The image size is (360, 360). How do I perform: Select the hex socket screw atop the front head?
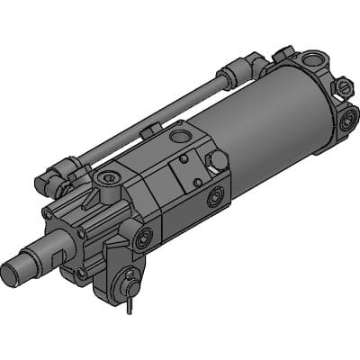[109, 177]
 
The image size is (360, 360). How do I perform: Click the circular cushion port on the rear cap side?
[347, 119]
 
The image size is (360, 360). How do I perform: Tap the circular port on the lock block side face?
[215, 197]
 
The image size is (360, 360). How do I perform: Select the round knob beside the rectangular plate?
[218, 159]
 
